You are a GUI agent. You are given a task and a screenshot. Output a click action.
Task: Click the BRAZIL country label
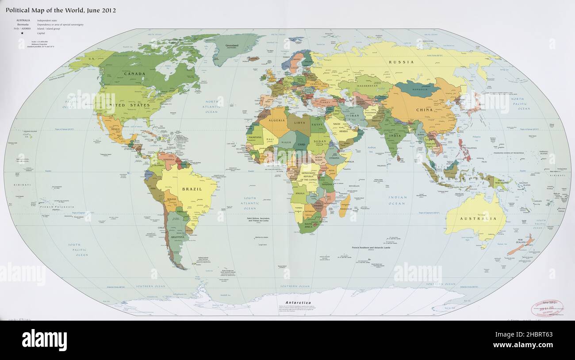(192, 189)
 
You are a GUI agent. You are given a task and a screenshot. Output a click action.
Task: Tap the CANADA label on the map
(134, 74)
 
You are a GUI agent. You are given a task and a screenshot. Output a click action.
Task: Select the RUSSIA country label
(401, 62)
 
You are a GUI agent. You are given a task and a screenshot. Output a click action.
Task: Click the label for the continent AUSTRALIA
(475, 218)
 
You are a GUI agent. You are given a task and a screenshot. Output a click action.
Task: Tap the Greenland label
(232, 46)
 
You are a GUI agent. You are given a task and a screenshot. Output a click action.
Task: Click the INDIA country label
(395, 135)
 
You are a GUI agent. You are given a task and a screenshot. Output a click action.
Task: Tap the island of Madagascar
(345, 205)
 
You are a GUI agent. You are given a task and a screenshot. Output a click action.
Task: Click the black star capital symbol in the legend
(23, 33)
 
